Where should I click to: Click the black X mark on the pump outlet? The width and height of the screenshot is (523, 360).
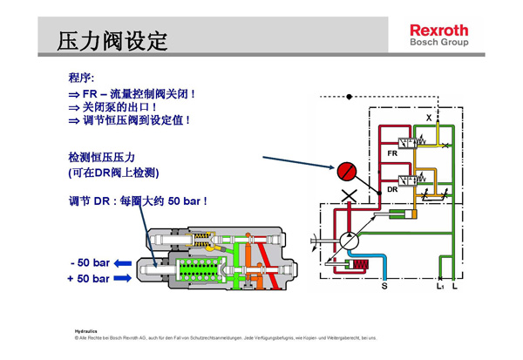tap(350, 196)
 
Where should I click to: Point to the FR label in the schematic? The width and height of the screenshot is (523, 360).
tap(392, 153)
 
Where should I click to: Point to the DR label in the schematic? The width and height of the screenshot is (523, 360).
tap(392, 188)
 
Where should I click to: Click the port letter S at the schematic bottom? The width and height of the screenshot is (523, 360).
tap(384, 285)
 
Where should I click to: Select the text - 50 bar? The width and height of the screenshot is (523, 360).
tap(90, 262)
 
